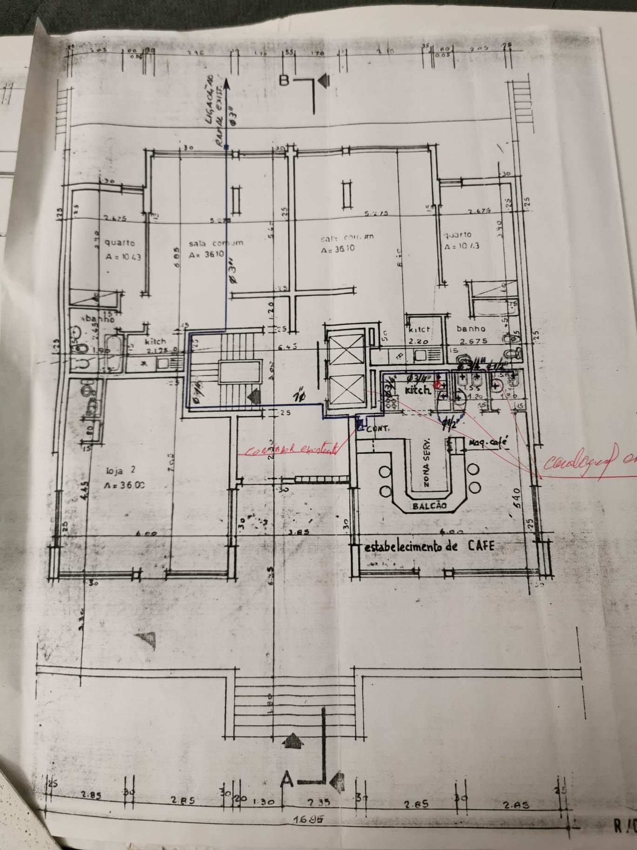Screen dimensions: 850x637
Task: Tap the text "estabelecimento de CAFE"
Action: [428, 547]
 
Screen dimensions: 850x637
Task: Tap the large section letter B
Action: [285, 81]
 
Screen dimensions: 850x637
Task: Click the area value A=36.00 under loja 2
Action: [123, 485]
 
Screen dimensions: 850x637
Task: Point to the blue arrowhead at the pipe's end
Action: [227, 83]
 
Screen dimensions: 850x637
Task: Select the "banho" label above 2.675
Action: [471, 329]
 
